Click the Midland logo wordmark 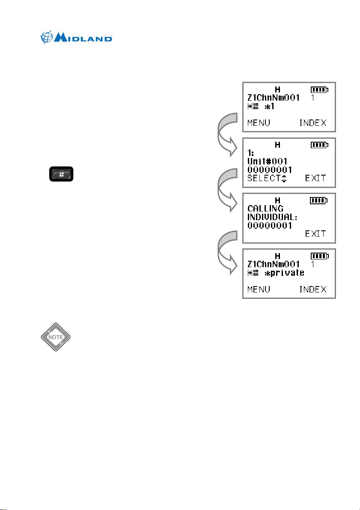[x=83, y=38]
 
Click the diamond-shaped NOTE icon [x=56, y=337]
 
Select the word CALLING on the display [x=265, y=209]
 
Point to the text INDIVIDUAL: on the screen [x=273, y=217]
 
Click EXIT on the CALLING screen [x=315, y=233]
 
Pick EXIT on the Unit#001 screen [x=315, y=178]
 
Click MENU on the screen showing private [x=259, y=289]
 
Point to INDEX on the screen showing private [x=312, y=289]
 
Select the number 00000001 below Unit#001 [x=270, y=170]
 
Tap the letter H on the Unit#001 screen [x=278, y=145]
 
